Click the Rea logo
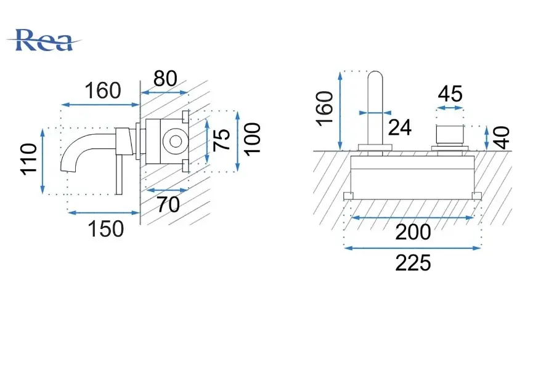click(x=44, y=40)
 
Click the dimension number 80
click(x=165, y=79)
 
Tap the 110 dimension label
click(x=28, y=159)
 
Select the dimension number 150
click(x=106, y=229)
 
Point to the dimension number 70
click(x=168, y=204)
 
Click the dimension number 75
click(x=222, y=140)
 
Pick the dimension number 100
click(x=253, y=140)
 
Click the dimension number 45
click(x=450, y=94)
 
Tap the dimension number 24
click(x=400, y=127)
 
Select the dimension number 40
click(x=502, y=138)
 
